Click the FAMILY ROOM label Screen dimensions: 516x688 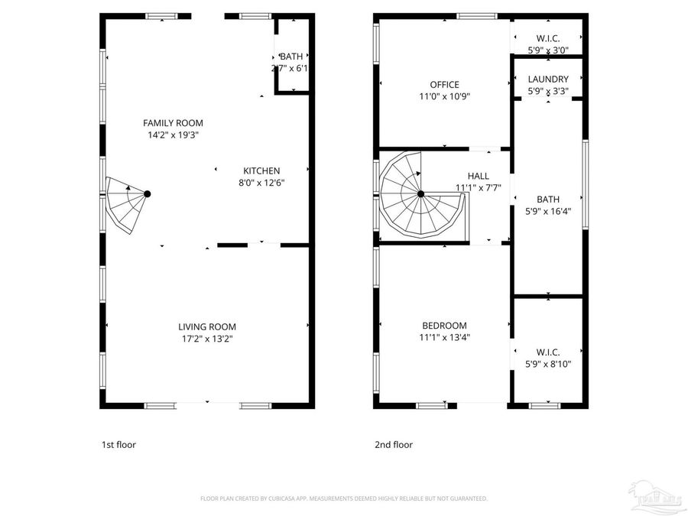[x=174, y=123]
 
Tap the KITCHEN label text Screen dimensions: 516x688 [x=261, y=171]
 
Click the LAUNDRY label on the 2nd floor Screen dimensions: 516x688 [x=548, y=79]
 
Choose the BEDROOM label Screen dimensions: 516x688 [x=444, y=326]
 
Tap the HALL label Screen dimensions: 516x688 [x=479, y=177]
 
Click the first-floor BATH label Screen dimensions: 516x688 [x=291, y=57]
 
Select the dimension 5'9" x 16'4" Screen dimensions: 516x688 [x=548, y=212]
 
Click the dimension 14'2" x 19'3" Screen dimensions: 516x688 [x=174, y=135]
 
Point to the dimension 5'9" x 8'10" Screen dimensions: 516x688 [x=548, y=364]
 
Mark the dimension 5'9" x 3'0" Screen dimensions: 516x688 [x=548, y=50]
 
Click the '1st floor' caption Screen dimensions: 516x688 [x=118, y=444]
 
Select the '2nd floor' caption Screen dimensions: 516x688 [x=394, y=444]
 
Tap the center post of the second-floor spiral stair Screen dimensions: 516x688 [x=420, y=194]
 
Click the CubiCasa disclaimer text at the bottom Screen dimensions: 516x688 [x=343, y=498]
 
